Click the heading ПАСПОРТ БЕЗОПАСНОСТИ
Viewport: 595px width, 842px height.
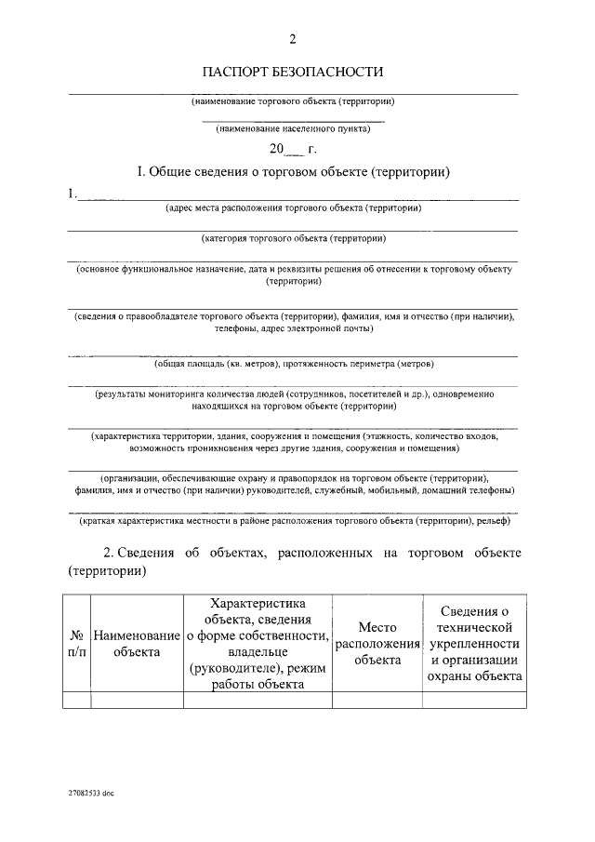pyautogui.click(x=293, y=72)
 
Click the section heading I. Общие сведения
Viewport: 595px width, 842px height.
pyautogui.click(x=293, y=172)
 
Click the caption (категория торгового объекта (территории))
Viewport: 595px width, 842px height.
pyautogui.click(x=293, y=238)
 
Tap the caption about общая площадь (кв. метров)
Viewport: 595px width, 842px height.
pyautogui.click(x=293, y=364)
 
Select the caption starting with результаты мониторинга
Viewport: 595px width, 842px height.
pyautogui.click(x=293, y=400)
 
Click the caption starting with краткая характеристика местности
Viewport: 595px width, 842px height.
pyautogui.click(x=293, y=521)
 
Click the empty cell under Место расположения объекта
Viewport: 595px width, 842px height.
pyautogui.click(x=377, y=701)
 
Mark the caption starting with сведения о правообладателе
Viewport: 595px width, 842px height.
pyautogui.click(x=293, y=322)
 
